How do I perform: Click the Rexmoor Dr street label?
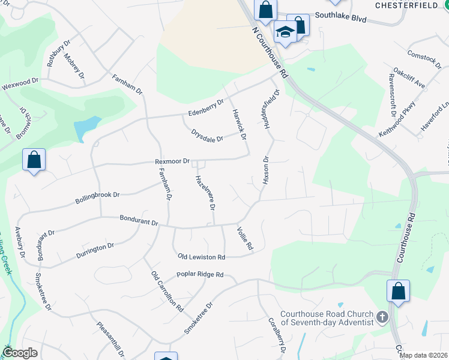coord(172,161)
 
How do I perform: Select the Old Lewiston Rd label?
coord(201,257)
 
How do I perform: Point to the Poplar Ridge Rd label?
coord(200,275)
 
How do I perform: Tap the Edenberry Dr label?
coord(205,108)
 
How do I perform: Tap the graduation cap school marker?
coord(285,31)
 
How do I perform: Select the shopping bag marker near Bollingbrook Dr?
coord(34,160)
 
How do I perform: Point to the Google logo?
coord(20,353)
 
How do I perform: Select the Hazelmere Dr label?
coord(205,193)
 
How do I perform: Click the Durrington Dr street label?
coord(95,251)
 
